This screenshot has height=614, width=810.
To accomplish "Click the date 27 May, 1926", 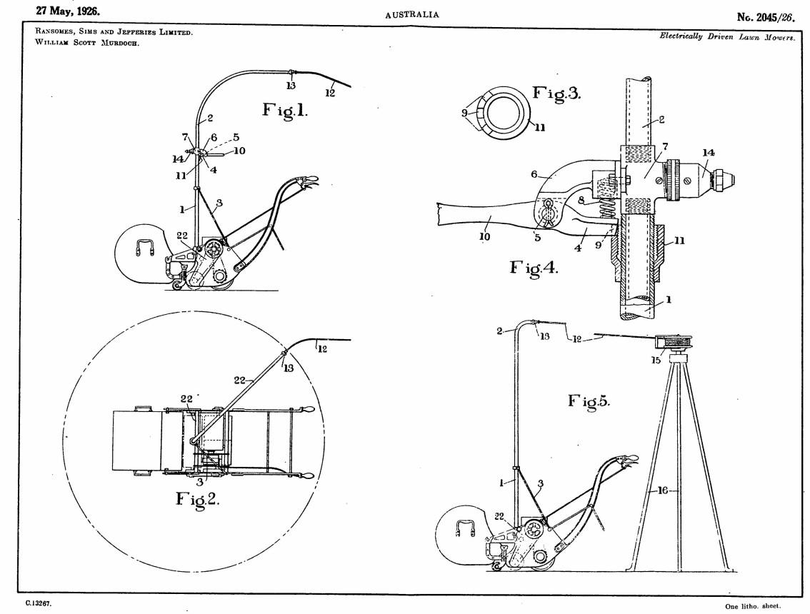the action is click(68, 11).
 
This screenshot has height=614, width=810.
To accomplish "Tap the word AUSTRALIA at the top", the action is click(411, 14).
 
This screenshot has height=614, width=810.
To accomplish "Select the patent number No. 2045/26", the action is click(766, 17).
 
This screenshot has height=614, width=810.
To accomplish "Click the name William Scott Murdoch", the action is click(87, 43).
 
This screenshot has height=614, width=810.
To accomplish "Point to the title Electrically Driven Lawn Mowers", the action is click(727, 37).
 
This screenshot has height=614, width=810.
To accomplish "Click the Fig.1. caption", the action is click(284, 110).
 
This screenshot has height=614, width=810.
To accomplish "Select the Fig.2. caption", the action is click(198, 499).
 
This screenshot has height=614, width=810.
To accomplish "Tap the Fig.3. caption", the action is click(557, 94).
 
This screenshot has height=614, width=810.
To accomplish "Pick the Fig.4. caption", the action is click(534, 268).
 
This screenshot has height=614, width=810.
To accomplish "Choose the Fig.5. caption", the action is click(589, 401).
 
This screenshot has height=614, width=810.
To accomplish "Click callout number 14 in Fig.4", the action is click(709, 152).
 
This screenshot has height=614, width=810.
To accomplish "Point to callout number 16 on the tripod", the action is click(663, 490).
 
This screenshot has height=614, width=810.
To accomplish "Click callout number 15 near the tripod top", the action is click(656, 360).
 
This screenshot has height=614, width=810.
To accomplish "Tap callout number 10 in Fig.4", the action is click(484, 237).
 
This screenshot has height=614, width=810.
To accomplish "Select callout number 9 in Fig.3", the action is click(464, 112).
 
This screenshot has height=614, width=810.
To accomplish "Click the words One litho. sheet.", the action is click(753, 606).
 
